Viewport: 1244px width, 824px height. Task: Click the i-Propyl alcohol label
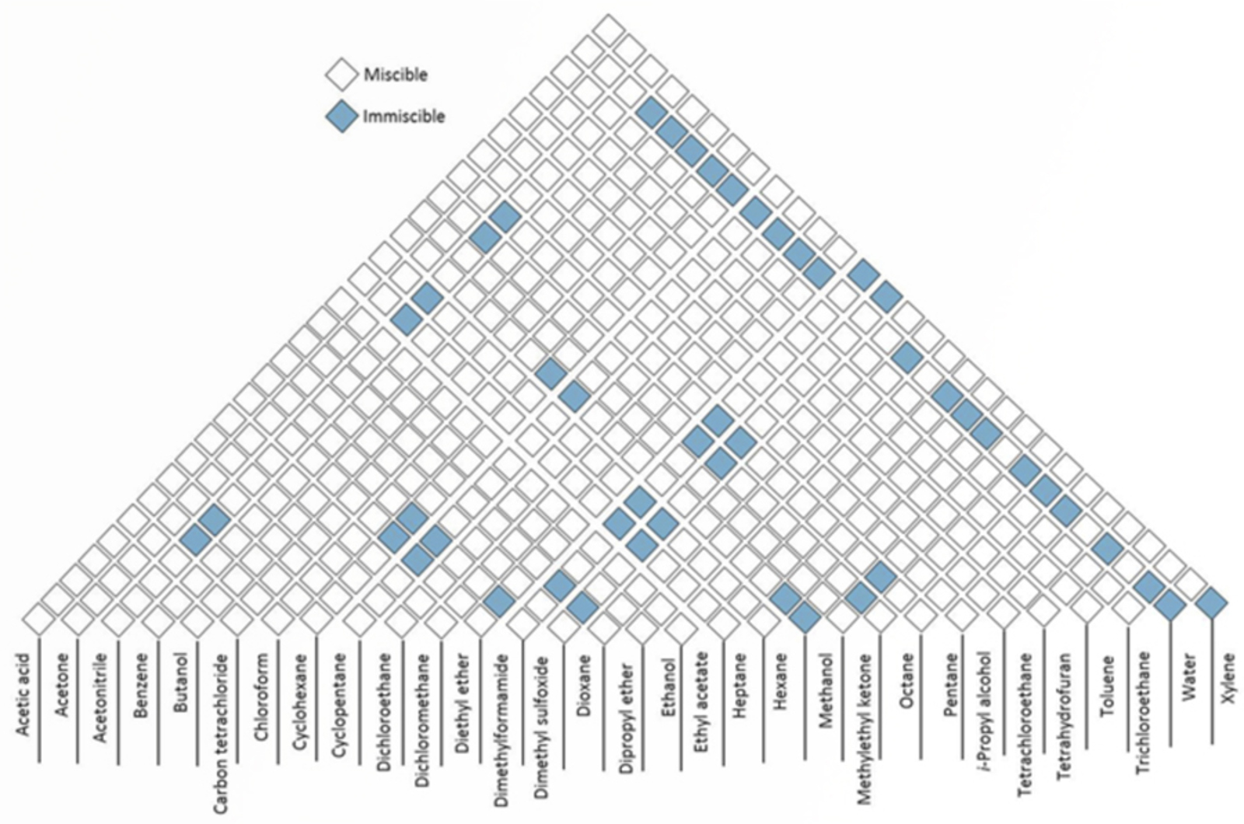coord(985,700)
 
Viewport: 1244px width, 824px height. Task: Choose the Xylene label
coord(1228,679)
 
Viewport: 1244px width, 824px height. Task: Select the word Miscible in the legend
coord(395,75)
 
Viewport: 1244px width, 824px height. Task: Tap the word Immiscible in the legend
coord(404,117)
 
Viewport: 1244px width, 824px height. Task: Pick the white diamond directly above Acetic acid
coord(39,620)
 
